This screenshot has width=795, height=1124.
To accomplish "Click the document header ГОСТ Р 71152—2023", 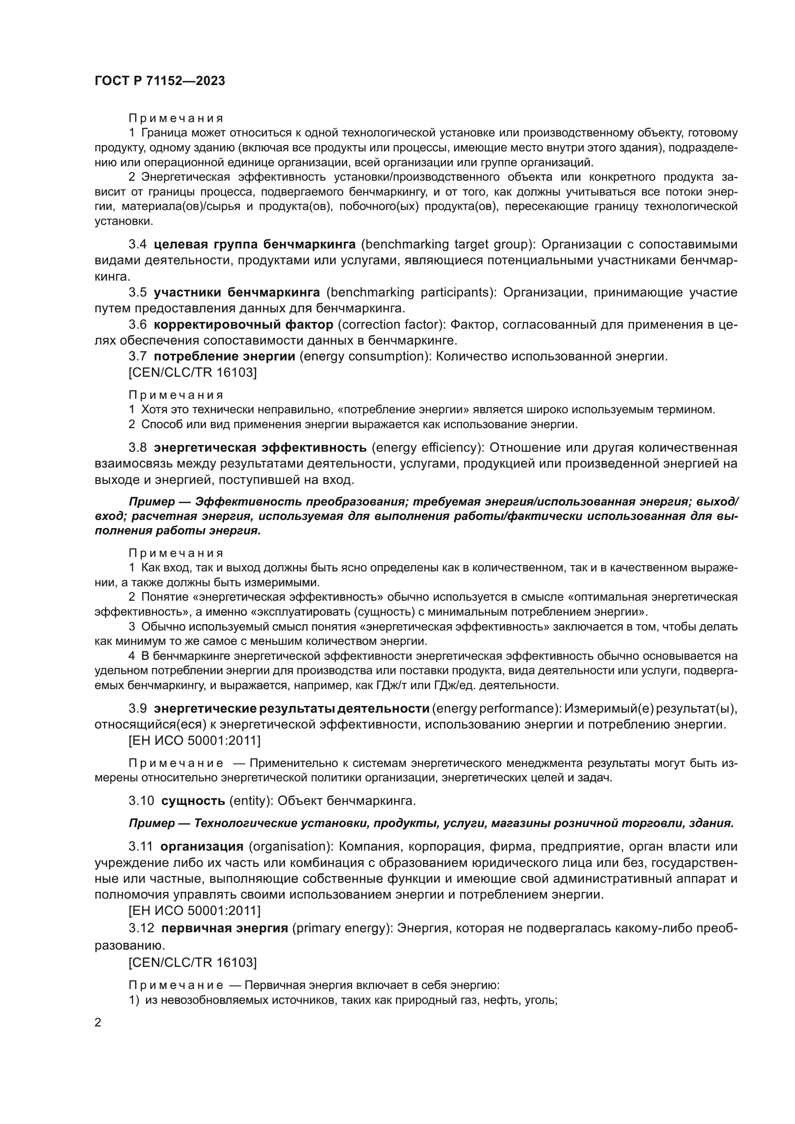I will (x=160, y=81).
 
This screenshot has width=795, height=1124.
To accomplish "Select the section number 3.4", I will (x=137, y=244).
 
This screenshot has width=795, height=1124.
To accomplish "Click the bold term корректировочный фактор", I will (x=243, y=324).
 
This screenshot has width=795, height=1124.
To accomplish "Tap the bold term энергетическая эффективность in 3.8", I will (x=260, y=447).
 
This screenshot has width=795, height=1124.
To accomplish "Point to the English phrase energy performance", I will (x=495, y=708).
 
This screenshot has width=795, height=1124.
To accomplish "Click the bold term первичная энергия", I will (x=224, y=928).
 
